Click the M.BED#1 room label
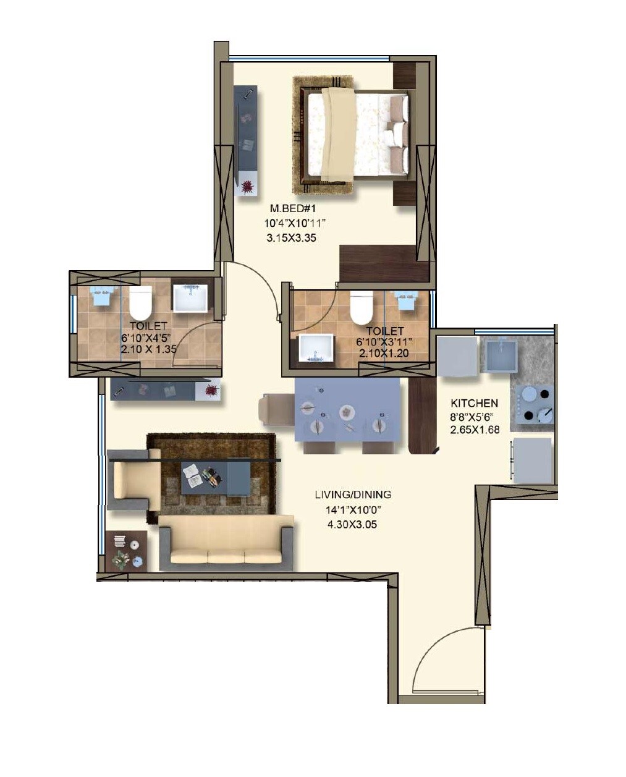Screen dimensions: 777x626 point(293,209)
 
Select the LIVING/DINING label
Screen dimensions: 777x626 point(353,495)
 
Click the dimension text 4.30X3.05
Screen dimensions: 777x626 point(353,525)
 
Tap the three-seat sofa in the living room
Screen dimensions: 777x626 point(226,543)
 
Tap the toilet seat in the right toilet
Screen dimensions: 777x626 point(361,307)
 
